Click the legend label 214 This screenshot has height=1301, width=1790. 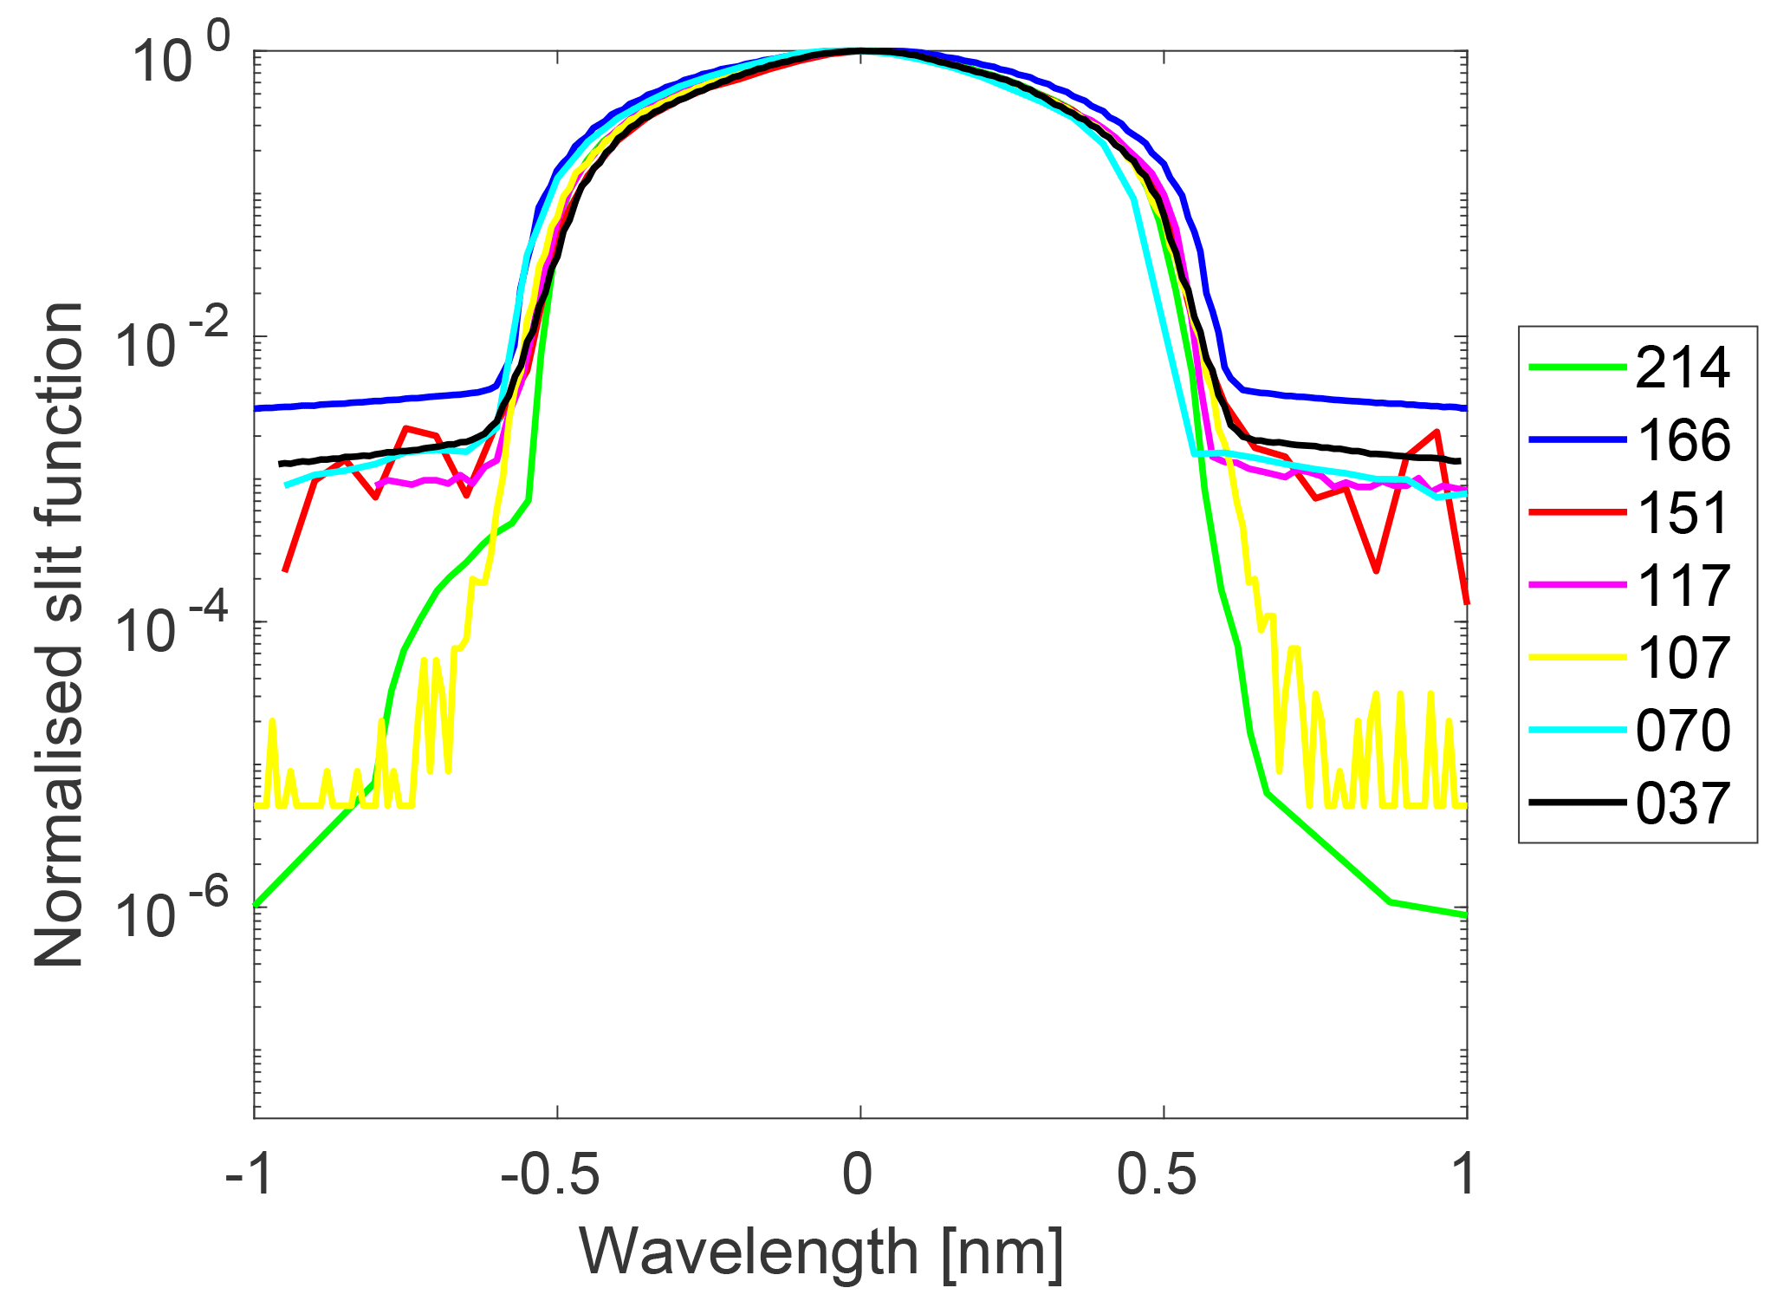pyautogui.click(x=1683, y=368)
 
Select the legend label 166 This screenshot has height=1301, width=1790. pyautogui.click(x=1683, y=440)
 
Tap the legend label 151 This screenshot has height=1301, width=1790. pyautogui.click(x=1683, y=513)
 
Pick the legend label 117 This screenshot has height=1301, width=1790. pyautogui.click(x=1683, y=586)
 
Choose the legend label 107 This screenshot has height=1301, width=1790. pyautogui.click(x=1683, y=658)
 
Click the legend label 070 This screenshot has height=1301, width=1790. pyautogui.click(x=1683, y=731)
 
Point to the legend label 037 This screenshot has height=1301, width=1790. pyautogui.click(x=1683, y=803)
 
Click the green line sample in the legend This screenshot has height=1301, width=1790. pyautogui.click(x=1577, y=368)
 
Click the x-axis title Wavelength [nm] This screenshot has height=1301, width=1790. pyautogui.click(x=821, y=1252)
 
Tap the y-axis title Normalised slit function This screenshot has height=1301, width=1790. pyautogui.click(x=59, y=634)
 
